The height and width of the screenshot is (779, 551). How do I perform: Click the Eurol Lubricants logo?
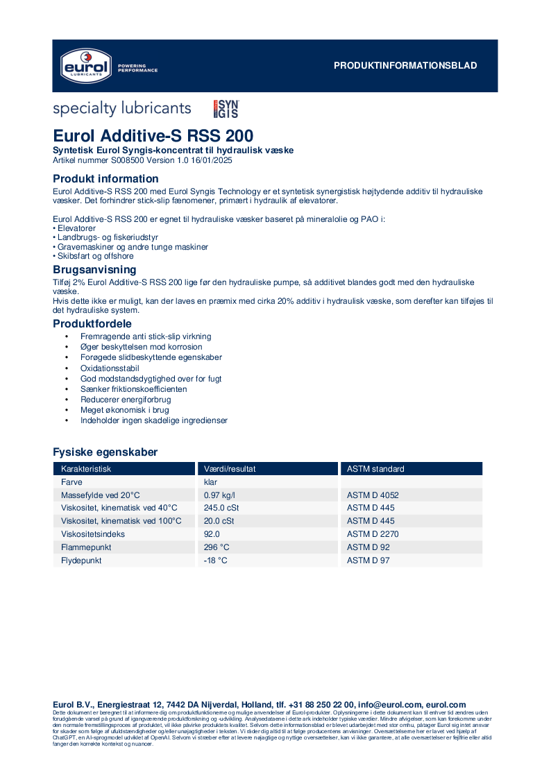tap(84, 65)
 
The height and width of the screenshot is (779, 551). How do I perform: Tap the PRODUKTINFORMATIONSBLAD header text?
tap(405, 66)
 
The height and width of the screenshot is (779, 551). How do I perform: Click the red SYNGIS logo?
tap(226, 109)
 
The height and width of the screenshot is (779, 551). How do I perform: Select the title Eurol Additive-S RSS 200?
tap(153, 135)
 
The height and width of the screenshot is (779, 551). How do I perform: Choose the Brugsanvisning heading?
tap(94, 269)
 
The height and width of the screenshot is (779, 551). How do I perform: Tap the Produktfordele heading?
tap(92, 323)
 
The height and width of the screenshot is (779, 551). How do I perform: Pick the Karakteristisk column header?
tap(86, 469)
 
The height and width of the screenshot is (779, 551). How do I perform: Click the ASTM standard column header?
tap(375, 469)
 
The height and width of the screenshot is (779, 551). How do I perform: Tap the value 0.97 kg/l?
tap(219, 495)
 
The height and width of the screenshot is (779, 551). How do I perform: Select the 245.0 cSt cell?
tap(221, 508)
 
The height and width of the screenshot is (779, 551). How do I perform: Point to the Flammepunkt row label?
tap(86, 547)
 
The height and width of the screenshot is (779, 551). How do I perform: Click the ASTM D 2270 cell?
tap(373, 534)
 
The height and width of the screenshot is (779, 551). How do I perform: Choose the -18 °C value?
tap(215, 560)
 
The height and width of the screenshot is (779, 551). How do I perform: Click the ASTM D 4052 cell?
tap(373, 495)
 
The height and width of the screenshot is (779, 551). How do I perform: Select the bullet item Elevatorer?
tap(76, 228)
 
